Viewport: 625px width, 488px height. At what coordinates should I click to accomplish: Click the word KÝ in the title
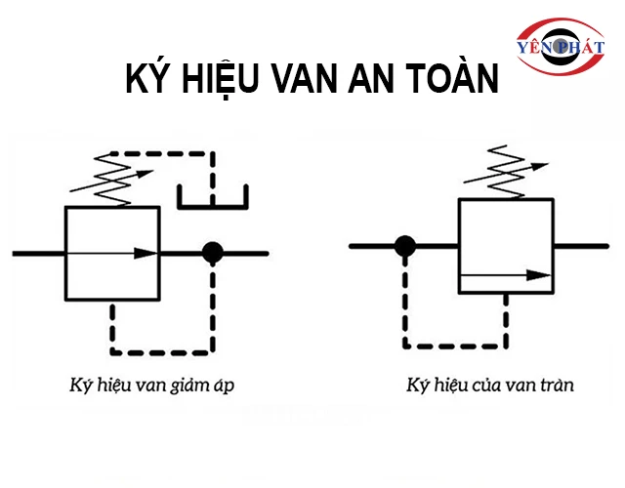(x=149, y=80)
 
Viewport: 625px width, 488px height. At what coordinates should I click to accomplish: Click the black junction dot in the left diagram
(x=212, y=253)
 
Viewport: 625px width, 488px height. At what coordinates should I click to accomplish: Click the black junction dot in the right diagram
(x=402, y=245)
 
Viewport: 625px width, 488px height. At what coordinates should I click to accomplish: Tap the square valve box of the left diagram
(x=111, y=253)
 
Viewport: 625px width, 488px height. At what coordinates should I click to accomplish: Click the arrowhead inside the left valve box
(x=146, y=253)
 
